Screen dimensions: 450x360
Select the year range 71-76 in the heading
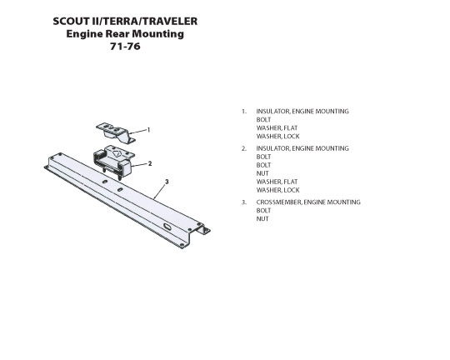[x=125, y=46]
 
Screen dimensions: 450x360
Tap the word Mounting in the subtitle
[x=157, y=34]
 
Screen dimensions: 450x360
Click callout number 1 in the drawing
[x=148, y=130]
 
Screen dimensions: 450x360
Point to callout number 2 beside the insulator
[x=149, y=163]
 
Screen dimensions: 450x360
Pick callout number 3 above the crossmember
[x=167, y=182]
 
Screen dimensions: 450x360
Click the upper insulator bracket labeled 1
[x=116, y=133]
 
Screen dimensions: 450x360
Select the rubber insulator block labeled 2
[x=112, y=161]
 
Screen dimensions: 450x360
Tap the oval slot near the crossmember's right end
[x=167, y=227]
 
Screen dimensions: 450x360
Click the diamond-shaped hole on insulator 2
[x=117, y=153]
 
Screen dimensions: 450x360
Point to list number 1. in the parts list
[x=244, y=112]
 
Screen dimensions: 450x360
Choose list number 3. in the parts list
[x=244, y=202]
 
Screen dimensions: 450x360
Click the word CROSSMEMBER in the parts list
[x=278, y=202]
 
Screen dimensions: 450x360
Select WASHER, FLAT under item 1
[x=277, y=128]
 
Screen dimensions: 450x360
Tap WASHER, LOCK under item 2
[x=277, y=190]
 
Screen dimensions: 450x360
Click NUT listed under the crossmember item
[x=262, y=219]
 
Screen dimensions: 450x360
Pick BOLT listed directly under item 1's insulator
[x=263, y=120]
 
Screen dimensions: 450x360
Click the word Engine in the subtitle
[x=84, y=34]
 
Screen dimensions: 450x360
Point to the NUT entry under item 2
[x=262, y=173]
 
